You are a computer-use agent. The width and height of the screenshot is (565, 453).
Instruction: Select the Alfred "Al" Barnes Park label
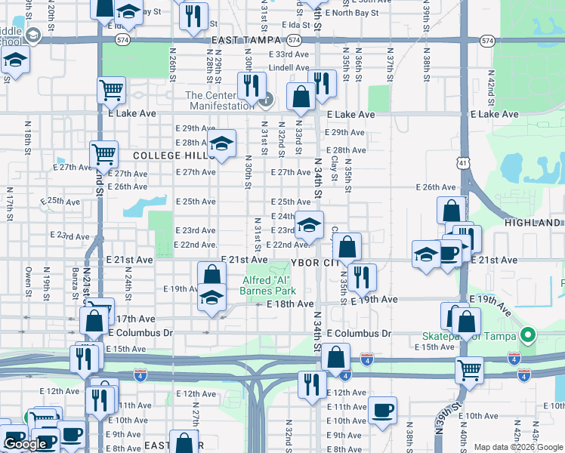tap(267, 284)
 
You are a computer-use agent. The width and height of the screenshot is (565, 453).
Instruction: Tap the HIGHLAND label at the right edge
tap(533, 223)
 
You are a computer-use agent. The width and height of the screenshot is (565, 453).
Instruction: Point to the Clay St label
tap(333, 173)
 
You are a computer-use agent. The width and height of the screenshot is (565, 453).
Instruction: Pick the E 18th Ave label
tap(290, 304)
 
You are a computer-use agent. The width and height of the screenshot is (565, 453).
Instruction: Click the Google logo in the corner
tap(25, 444)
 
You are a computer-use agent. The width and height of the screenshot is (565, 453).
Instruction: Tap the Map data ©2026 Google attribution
tap(518, 447)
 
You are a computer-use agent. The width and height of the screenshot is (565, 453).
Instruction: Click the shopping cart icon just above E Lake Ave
tap(111, 90)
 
